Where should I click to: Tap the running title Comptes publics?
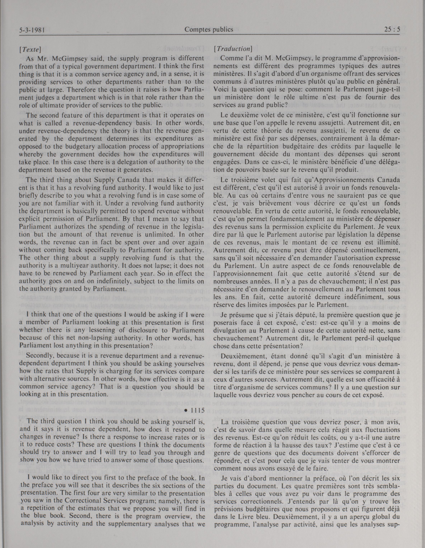tap(209, 30)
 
